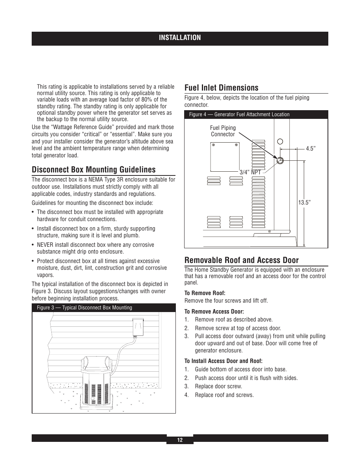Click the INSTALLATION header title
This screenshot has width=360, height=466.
180,38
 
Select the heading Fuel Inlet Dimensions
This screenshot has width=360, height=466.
222,88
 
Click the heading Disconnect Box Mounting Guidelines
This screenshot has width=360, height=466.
94,170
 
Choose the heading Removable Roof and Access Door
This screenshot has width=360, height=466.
242,260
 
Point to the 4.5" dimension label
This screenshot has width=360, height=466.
310,149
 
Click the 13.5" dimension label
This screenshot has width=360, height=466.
304,203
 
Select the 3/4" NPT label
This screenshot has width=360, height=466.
250,172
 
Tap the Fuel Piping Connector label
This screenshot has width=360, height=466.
223,131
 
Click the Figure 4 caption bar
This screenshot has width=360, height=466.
256,114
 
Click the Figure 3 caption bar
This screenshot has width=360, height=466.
104,308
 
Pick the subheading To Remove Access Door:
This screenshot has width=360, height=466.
214,312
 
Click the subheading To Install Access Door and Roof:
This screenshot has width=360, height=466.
223,361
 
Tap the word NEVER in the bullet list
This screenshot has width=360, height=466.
45,245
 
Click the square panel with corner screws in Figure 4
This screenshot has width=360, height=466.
225,157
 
